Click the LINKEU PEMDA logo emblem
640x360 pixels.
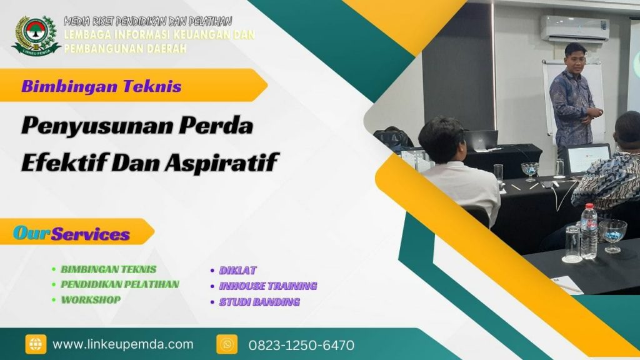pos(36,34)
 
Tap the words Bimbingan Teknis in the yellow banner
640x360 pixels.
pos(101,86)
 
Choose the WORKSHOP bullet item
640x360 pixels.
pos(91,299)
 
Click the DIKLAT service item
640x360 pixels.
pos(237,271)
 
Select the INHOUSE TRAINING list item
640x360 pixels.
pos(267,286)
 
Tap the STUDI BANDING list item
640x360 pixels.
pos(259,302)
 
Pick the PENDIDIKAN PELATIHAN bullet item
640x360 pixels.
pos(119,284)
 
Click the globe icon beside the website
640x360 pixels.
pos(36,344)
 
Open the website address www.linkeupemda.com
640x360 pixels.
pos(123,344)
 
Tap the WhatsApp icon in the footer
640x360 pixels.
pos(227,344)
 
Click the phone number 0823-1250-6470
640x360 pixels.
pos(301,345)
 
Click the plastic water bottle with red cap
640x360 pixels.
pos(588,232)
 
